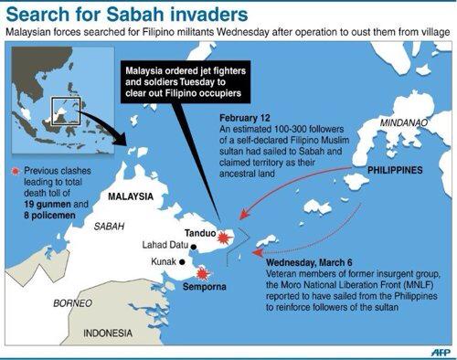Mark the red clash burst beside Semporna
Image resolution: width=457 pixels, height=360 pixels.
pyautogui.click(x=202, y=272)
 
